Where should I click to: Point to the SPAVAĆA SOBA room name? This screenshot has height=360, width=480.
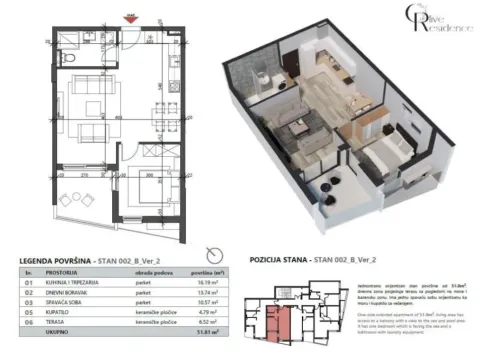69,304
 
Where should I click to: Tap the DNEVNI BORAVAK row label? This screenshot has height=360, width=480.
67,294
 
